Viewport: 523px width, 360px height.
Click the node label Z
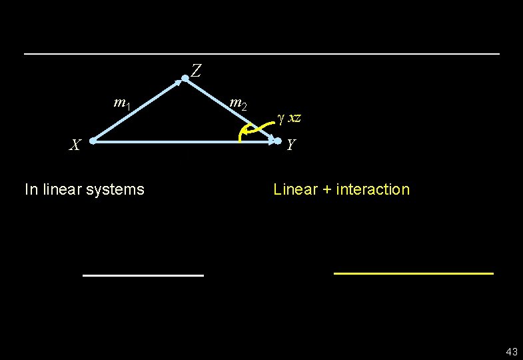196,70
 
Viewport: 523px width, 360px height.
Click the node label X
77,144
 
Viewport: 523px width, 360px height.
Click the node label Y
292,144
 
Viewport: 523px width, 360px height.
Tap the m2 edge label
238,103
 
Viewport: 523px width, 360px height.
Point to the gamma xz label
289,118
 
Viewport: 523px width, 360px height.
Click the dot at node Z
185,79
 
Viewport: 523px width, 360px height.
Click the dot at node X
93,141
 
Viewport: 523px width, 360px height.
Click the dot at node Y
278,141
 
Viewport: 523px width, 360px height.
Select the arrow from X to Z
139,111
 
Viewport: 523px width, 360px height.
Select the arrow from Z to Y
230,109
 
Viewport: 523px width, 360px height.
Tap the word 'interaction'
373,189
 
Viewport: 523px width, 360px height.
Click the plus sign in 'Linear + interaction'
327,190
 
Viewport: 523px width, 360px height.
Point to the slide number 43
512,351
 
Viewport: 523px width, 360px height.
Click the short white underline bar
143,275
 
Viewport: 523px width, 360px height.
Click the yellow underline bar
413,273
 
